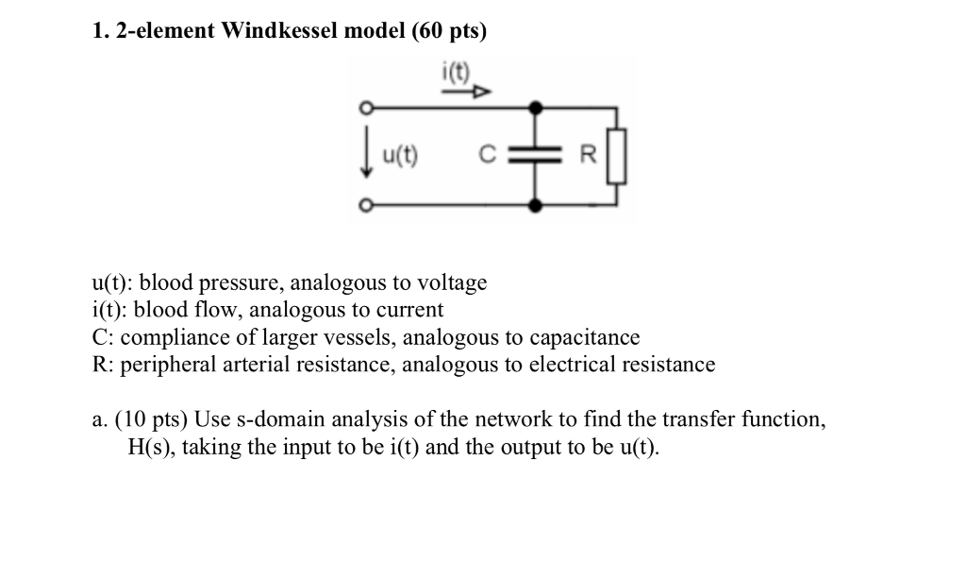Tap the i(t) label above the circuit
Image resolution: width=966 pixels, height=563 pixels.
pyautogui.click(x=460, y=72)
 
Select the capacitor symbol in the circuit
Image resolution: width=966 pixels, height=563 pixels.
pyautogui.click(x=537, y=156)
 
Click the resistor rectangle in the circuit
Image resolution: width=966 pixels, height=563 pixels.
pyautogui.click(x=616, y=156)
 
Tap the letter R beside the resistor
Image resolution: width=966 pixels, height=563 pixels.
pyautogui.click(x=588, y=156)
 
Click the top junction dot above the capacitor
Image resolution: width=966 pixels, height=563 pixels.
pyautogui.click(x=537, y=107)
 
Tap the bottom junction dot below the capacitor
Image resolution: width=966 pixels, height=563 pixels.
pyautogui.click(x=537, y=204)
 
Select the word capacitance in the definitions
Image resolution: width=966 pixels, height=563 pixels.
pyautogui.click(x=584, y=337)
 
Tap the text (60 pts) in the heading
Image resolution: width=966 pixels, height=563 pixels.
pyautogui.click(x=450, y=31)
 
